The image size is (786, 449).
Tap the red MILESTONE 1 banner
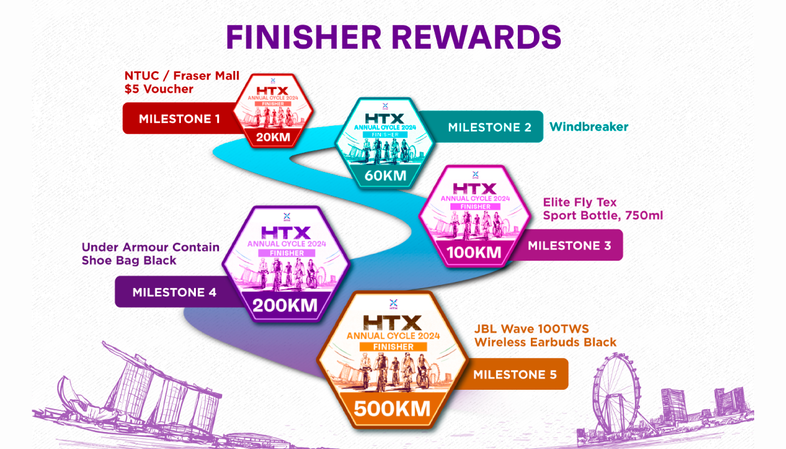click(179, 118)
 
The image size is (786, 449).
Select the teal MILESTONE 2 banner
click(490, 127)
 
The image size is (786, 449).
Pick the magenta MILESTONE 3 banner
click(569, 246)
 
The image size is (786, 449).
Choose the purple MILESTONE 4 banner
click(174, 292)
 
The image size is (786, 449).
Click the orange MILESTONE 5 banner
click(515, 374)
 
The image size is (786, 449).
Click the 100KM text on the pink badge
click(474, 253)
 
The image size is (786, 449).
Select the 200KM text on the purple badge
click(285, 306)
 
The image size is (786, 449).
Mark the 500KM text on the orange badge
click(392, 408)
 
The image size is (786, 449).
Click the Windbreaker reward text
click(588, 127)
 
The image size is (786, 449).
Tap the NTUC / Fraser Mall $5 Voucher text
click(182, 82)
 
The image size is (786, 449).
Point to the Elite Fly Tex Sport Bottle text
click(602, 209)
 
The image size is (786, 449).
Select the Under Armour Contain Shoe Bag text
click(150, 254)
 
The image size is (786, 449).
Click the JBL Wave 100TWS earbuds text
click(545, 336)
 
